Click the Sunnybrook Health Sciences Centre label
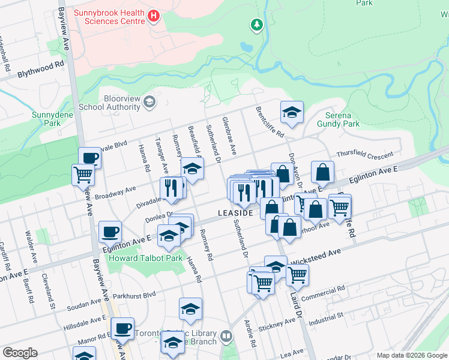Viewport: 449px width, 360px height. coord(109,16)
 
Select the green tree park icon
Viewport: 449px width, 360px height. coord(256,25)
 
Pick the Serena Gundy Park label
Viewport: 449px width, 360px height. coord(342,119)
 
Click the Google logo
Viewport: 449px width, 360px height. coord(20,353)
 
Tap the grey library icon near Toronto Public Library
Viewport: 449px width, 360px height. coord(226,336)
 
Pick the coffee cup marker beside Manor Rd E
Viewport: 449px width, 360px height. coord(123,328)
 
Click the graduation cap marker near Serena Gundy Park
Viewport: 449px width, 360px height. coord(292,112)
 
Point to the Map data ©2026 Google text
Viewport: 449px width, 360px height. coord(411,355)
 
